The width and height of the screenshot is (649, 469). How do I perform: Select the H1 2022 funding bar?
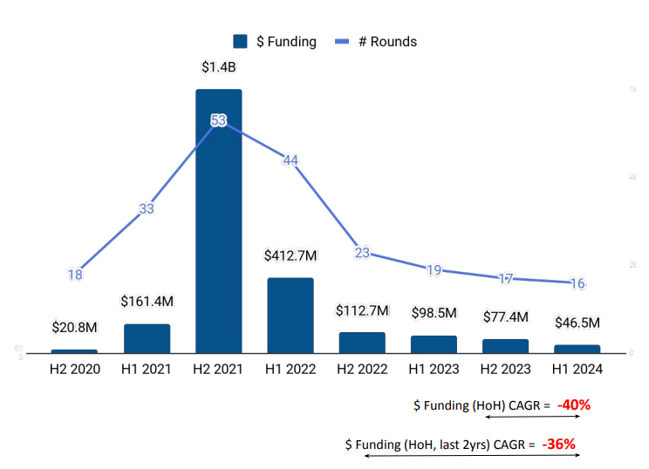(290, 315)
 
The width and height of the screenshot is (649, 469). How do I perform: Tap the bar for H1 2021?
(147, 338)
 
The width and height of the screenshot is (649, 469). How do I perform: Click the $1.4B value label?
(219, 66)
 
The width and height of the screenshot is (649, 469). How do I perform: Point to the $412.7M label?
(290, 255)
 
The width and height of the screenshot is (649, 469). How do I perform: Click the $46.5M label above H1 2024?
(577, 323)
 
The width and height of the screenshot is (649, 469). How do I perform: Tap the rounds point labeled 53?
(219, 120)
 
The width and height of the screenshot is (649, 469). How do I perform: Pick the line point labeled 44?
(290, 160)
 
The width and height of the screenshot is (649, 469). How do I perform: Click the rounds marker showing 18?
(75, 275)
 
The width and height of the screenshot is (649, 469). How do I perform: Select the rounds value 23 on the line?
(362, 253)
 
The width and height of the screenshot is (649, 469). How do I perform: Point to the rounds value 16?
(577, 283)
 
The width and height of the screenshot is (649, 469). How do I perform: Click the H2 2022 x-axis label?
(362, 370)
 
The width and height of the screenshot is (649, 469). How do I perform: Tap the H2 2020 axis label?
(74, 370)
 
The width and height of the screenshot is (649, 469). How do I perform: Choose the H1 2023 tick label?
(434, 370)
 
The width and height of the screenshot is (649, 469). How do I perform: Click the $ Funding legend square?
(241, 41)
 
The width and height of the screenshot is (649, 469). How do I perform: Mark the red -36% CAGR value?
(558, 445)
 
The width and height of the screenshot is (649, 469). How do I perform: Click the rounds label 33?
(147, 208)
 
